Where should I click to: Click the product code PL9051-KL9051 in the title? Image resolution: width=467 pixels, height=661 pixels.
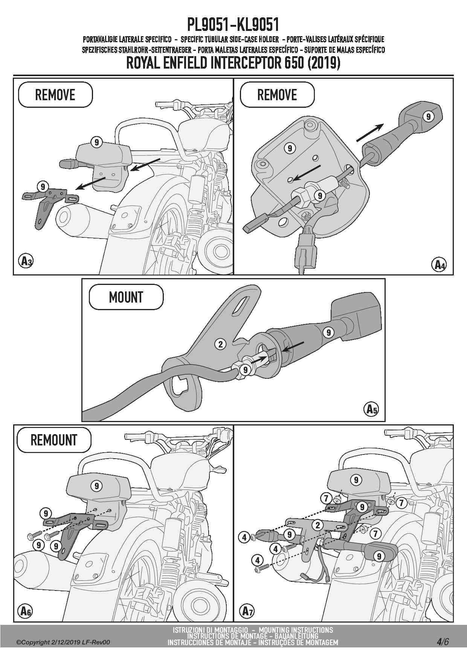[233, 25]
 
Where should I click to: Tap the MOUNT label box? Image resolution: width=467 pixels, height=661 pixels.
[126, 297]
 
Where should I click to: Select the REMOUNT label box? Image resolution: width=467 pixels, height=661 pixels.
[53, 440]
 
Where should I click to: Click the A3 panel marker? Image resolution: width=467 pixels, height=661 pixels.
[26, 261]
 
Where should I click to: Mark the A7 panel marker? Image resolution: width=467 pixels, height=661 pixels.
[247, 611]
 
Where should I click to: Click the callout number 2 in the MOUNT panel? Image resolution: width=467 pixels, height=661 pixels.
[221, 344]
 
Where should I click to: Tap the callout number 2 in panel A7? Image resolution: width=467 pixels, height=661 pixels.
[317, 525]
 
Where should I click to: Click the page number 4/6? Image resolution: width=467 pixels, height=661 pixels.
[443, 642]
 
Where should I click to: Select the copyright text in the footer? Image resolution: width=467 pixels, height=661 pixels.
[63, 643]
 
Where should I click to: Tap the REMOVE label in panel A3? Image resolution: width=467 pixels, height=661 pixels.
[55, 95]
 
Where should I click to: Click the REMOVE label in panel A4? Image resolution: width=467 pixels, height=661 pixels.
[277, 95]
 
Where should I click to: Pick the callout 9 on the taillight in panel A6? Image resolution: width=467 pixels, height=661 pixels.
[97, 486]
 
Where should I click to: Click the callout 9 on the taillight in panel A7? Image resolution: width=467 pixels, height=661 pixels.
[356, 480]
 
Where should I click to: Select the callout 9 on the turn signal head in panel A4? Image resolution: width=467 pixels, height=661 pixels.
[428, 116]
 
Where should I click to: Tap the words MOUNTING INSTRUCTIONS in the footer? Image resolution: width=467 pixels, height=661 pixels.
[296, 630]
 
